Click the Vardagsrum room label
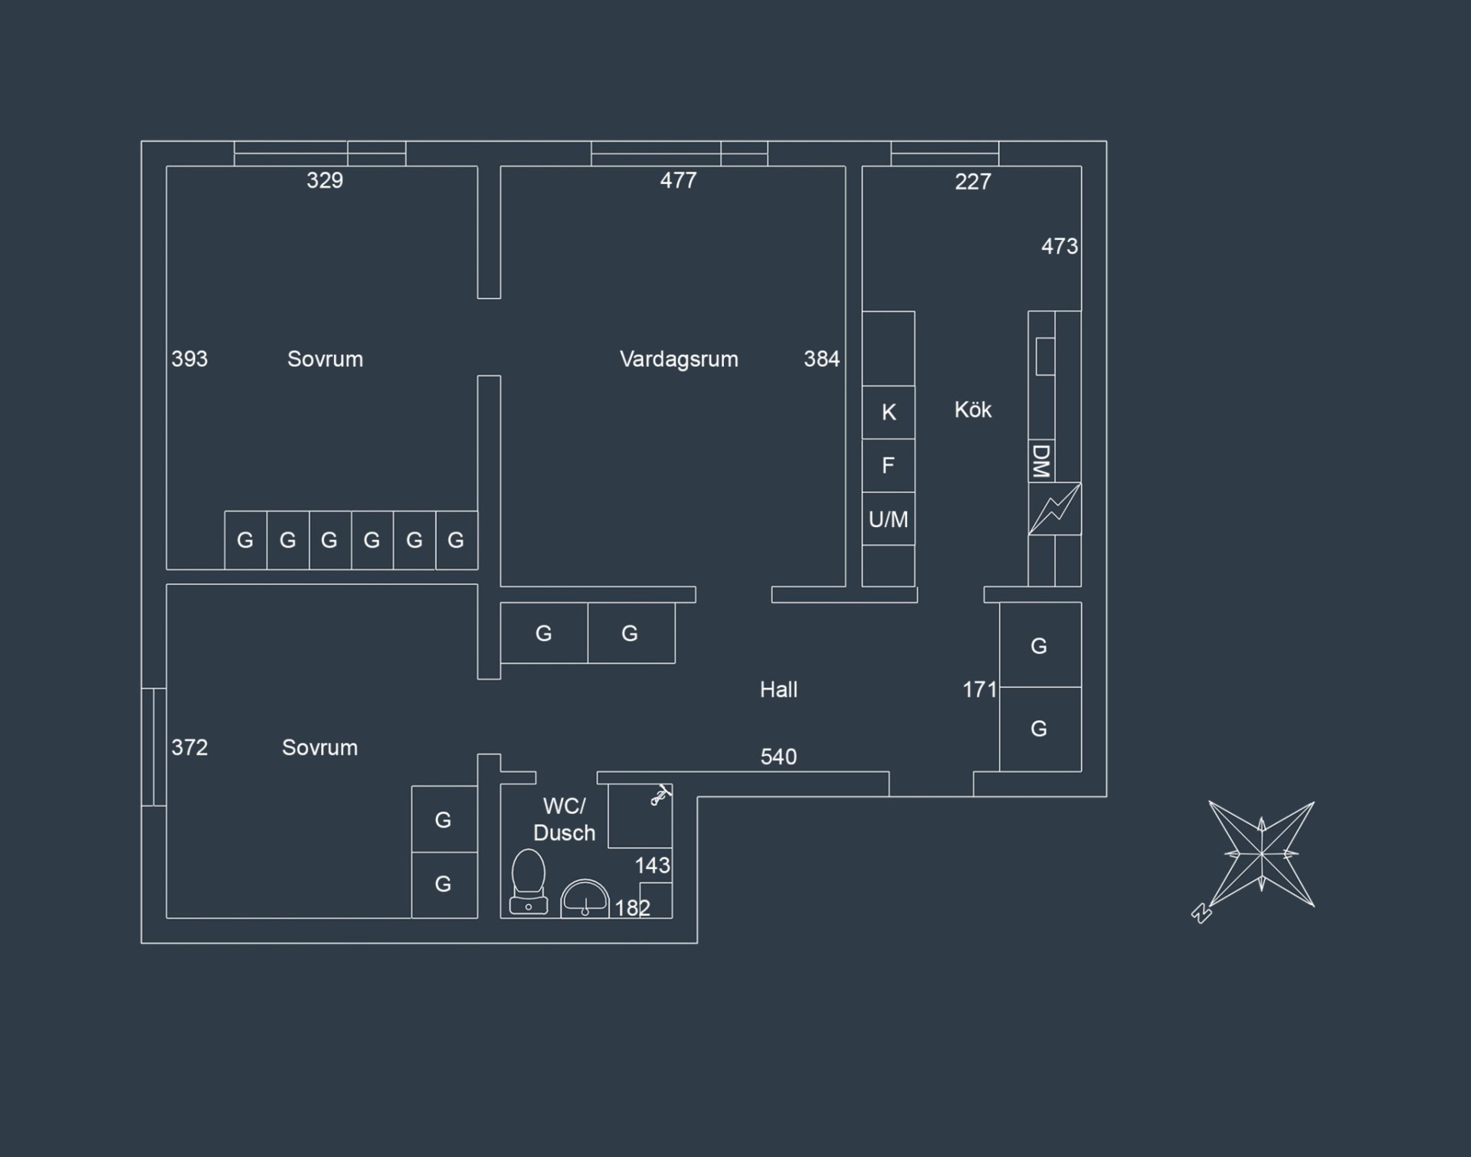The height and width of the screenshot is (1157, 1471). pos(679,359)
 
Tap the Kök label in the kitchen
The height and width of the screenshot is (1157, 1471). pos(973,410)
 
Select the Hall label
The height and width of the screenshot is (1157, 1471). pos(778,690)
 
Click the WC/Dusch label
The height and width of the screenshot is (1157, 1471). pos(564,820)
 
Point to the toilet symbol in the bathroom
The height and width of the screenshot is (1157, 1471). pos(529,882)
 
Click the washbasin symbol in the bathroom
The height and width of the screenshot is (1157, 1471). pos(585,898)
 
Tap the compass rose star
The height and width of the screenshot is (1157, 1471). pos(1261,854)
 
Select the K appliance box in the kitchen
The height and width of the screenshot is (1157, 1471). pos(889,412)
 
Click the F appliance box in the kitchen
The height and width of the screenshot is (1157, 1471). pos(889,466)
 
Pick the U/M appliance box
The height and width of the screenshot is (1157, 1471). pos(889,519)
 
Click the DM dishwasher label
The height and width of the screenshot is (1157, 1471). pos(1040,461)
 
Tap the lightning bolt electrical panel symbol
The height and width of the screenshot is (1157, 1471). pos(1055,509)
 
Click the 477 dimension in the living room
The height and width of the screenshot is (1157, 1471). pos(679,181)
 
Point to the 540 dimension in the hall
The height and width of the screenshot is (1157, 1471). pos(778,757)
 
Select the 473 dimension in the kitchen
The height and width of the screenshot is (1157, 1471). pos(1060,247)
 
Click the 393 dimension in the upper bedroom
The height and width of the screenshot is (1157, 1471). pos(189,359)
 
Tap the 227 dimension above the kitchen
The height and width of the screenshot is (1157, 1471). pos(973,182)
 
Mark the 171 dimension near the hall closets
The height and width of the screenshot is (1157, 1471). pos(980,690)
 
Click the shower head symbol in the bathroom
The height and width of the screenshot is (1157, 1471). pos(660,796)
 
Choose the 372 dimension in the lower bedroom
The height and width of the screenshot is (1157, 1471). pos(189,748)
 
